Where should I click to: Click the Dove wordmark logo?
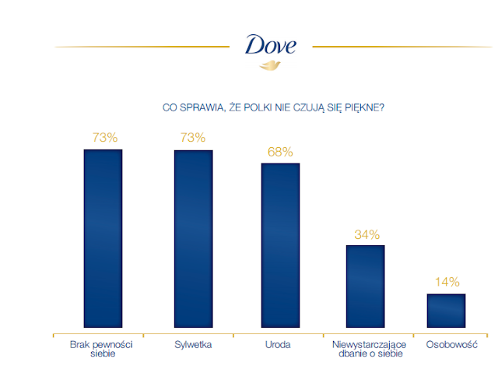271,44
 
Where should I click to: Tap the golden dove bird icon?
270,65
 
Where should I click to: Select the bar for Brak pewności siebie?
103,238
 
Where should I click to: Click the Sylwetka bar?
194,239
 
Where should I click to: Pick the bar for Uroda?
280,245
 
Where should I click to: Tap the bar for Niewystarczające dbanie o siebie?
365,286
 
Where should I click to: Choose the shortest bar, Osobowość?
446,311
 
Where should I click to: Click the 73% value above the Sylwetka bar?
193,138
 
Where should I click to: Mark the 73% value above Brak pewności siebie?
105,138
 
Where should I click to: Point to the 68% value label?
280,152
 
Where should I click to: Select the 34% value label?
366,235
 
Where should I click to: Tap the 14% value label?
447,282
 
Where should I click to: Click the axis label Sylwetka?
193,345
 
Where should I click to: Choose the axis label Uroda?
278,345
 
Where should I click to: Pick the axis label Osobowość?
451,345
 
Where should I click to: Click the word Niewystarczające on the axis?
369,345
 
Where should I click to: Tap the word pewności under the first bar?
114,345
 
